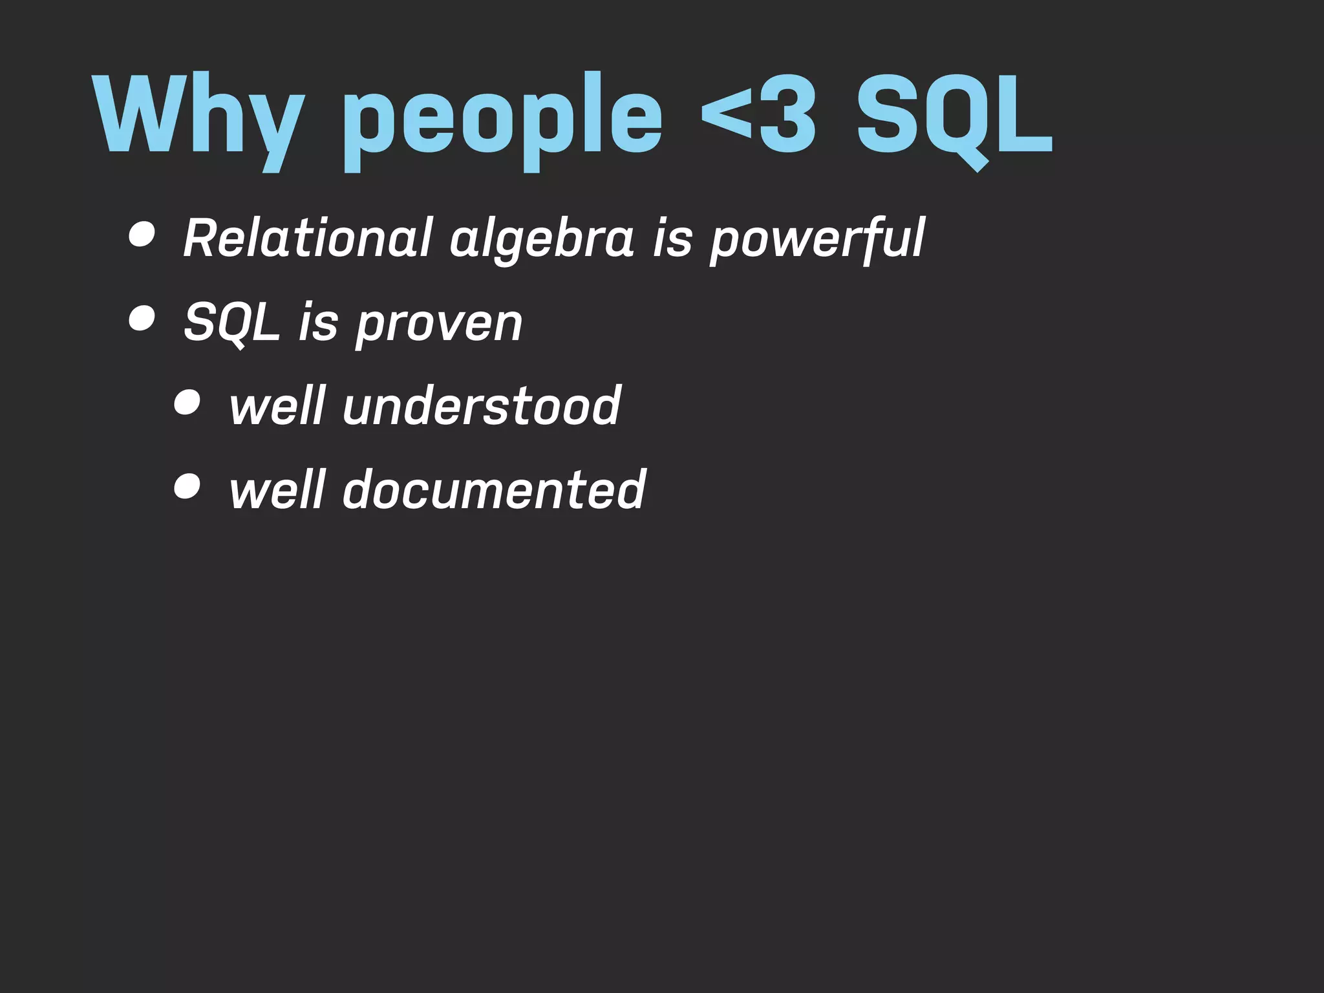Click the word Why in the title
tap(198, 116)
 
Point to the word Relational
tap(308, 238)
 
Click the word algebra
tap(542, 240)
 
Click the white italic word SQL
tap(231, 323)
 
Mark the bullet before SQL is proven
tap(142, 318)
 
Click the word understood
tap(482, 405)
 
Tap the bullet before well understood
tap(187, 403)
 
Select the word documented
tap(494, 489)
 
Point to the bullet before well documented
tap(187, 486)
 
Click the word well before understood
tap(277, 405)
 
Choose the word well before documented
tap(277, 489)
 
